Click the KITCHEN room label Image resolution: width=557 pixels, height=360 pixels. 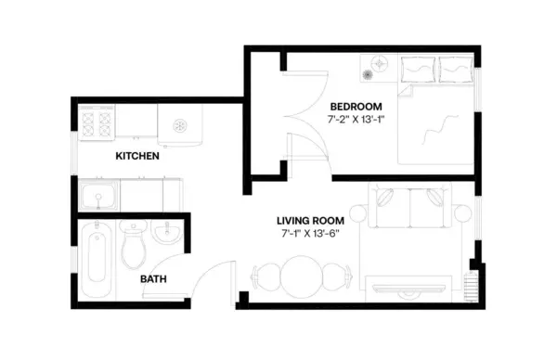(136, 156)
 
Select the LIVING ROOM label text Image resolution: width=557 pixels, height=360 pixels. (311, 220)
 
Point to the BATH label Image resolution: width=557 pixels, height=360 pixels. (153, 278)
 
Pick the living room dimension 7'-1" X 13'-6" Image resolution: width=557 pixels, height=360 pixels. (311, 234)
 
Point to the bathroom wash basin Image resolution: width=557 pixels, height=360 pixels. (168, 234)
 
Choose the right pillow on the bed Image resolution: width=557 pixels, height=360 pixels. (454, 68)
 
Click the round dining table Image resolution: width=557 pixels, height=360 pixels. (302, 276)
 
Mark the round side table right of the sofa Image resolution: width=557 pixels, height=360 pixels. (461, 214)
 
